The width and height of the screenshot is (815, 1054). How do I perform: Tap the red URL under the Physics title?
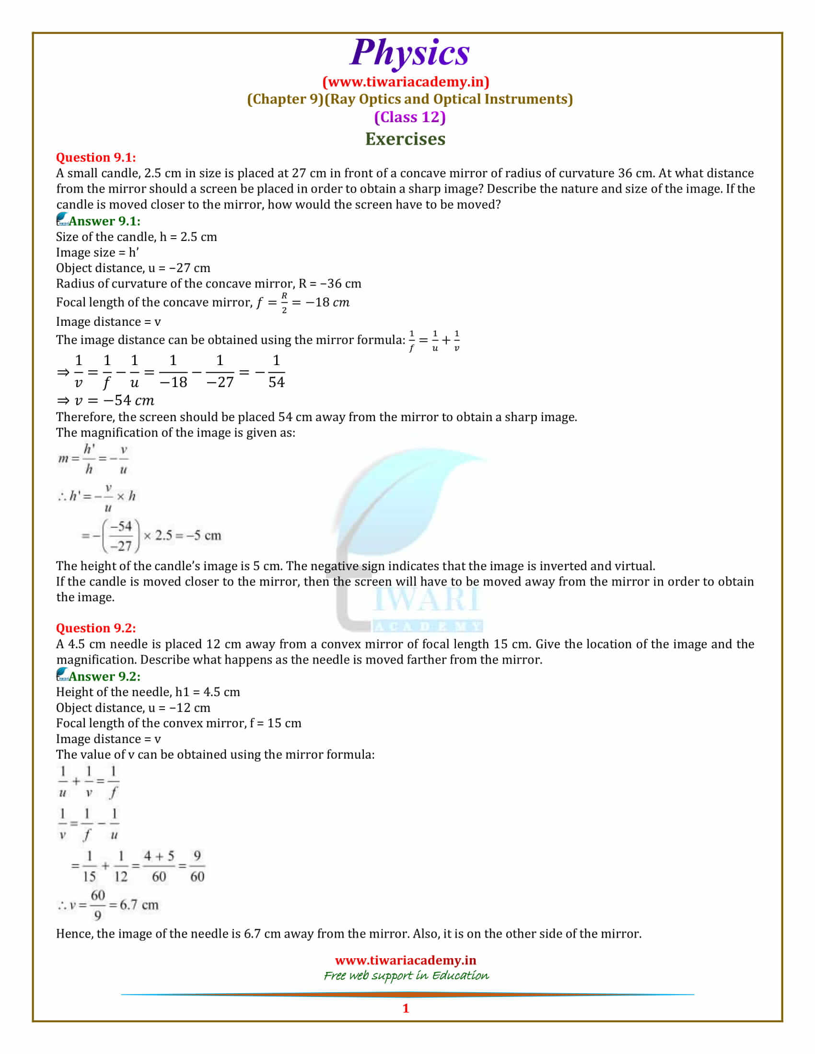[406, 82]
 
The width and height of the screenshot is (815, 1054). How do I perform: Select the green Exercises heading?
[405, 139]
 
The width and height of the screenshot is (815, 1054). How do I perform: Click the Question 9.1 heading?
[95, 157]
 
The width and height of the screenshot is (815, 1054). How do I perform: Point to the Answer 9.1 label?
[105, 221]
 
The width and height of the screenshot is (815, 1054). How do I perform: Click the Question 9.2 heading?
[95, 628]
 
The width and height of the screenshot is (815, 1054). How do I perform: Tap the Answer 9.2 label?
[105, 676]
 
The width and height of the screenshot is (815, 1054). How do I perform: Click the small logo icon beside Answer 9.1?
[62, 219]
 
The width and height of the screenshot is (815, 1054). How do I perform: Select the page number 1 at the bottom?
[406, 1008]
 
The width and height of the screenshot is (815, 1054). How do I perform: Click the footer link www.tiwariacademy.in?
[406, 961]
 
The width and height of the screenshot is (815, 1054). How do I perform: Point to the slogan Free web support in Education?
[406, 975]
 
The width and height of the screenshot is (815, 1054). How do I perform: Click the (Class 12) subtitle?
[409, 117]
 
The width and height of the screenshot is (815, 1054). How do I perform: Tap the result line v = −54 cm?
[105, 401]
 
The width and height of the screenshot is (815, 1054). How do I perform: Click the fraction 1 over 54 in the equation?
[276, 372]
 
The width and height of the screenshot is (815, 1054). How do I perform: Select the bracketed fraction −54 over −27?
[121, 536]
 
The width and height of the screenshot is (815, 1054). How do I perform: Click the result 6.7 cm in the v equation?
[139, 905]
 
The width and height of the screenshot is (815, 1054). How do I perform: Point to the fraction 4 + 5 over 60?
[159, 866]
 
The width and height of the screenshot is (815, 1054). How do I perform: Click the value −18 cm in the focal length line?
[327, 303]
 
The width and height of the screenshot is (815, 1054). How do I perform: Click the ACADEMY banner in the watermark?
[428, 627]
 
